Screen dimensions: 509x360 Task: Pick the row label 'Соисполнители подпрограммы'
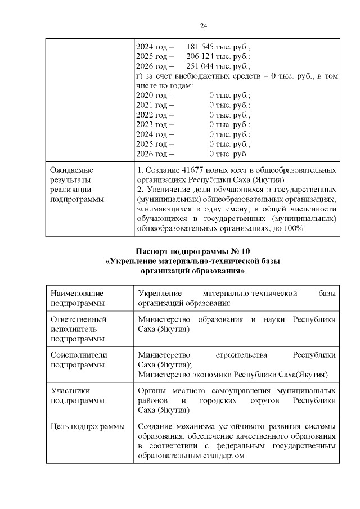pyautogui.click(x=79, y=360)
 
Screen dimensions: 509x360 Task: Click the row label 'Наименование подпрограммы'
pyautogui.click(x=78, y=298)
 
